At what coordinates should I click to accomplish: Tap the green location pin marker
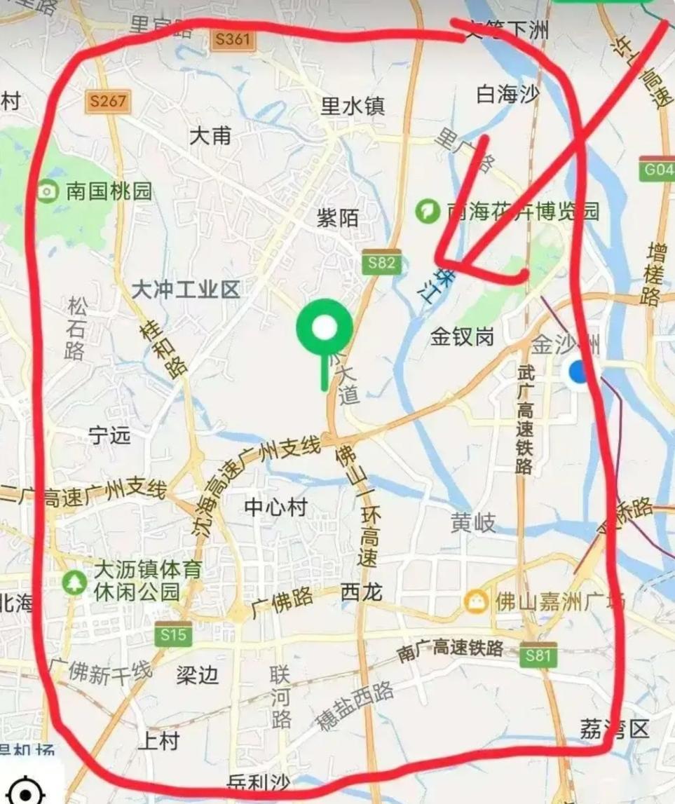[323, 329]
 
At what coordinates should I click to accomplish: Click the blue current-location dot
[579, 371]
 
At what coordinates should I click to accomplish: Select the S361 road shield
[233, 39]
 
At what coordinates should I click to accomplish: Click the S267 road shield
[109, 102]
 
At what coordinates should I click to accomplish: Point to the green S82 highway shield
[382, 264]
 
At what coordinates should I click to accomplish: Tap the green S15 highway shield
[173, 635]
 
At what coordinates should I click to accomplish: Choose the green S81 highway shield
[539, 656]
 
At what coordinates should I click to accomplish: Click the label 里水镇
[353, 106]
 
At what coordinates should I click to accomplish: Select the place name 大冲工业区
[186, 289]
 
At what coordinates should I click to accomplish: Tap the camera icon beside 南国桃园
[47, 191]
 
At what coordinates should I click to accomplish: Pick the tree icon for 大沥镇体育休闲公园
[74, 580]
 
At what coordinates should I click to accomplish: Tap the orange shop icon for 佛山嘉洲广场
[476, 601]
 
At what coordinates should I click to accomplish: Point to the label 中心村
[276, 507]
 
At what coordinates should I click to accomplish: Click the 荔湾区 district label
[615, 729]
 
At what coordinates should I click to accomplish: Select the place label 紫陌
[338, 218]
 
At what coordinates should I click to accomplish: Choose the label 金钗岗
[462, 337]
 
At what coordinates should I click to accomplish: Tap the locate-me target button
[25, 792]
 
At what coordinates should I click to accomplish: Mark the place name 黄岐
[473, 522]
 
